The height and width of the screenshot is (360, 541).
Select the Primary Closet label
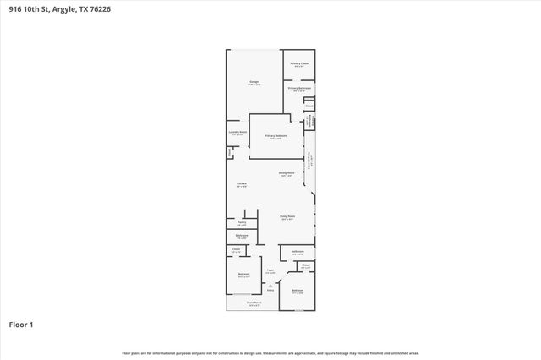pos(298,63)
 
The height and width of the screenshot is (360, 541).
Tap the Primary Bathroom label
pos(298,87)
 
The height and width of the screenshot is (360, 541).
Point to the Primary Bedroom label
pos(276,135)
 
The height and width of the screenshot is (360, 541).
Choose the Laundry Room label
pos(238,132)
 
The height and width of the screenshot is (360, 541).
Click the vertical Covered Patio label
pos(309,161)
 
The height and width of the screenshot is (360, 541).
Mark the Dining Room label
pos(287,173)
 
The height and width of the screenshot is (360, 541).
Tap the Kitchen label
pos(241,183)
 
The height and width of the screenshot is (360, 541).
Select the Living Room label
pos(287,216)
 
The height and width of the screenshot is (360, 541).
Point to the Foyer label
pos(270,270)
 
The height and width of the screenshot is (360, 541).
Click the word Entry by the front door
pos(270,290)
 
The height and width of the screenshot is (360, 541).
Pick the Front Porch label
pos(253,303)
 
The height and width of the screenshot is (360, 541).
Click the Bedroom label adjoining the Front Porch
pos(243,275)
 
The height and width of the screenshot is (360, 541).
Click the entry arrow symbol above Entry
pos(270,285)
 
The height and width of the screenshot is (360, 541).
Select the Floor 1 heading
pos(21,324)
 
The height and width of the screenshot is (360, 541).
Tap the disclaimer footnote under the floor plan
pos(270,352)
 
